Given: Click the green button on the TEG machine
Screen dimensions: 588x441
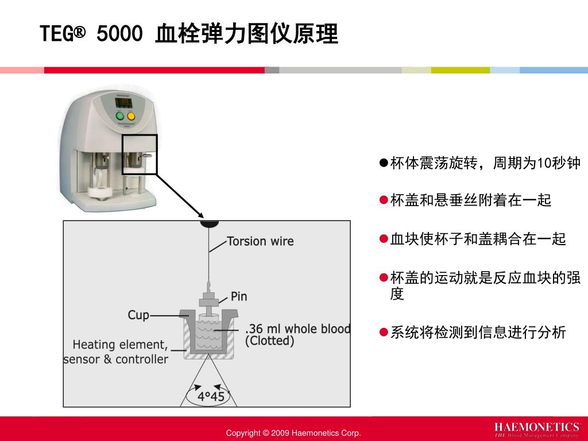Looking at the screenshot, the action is pos(120,117).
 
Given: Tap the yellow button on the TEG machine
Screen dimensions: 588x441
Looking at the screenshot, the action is pos(131,117).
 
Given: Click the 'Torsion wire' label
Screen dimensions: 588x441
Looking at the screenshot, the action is pos(260,241).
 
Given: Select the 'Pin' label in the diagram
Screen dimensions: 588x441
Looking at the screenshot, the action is pos(239,296).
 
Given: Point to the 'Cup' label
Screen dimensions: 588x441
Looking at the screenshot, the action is pos(138,315).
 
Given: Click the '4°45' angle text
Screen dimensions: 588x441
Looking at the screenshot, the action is pos(211,397).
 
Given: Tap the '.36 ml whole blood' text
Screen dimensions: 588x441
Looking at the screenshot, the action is pos(297,329).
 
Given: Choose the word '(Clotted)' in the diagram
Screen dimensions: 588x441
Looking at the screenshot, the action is pos(269,341).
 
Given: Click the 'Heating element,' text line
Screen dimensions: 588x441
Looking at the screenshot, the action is pos(120,345).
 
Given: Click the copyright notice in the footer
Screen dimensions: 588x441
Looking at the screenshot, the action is pos(293,433).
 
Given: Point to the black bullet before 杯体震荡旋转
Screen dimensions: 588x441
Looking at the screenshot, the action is pos(384,164).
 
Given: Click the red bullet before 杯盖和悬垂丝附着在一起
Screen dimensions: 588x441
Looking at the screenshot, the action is pos(384,200).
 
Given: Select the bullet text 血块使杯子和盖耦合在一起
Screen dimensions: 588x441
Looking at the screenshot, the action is pos(478,239).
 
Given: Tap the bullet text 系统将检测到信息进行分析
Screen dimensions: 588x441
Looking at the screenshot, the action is pos(478,332).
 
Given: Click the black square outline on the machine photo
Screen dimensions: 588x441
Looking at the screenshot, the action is pos(140,154).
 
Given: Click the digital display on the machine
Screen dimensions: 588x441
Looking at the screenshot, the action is pos(125,102).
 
